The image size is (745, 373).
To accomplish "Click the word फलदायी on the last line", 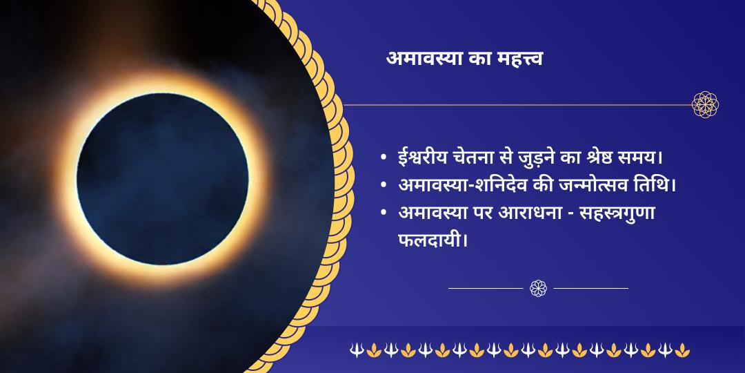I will pyautogui.click(x=430, y=242).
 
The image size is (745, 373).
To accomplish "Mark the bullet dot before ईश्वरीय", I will pyautogui.click(x=383, y=159).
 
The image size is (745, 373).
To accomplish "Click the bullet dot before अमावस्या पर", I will pyautogui.click(x=383, y=215).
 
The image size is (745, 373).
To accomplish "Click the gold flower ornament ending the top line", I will pyautogui.click(x=706, y=105).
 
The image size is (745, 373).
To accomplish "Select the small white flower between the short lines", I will pyautogui.click(x=538, y=288).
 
